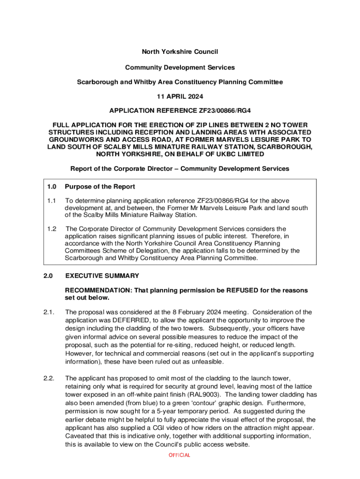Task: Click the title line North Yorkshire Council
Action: pyautogui.click(x=180, y=51)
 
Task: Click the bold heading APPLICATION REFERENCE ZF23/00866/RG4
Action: pyautogui.click(x=180, y=111)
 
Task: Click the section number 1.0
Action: pyautogui.click(x=51, y=187)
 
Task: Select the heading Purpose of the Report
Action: pyautogui.click(x=100, y=187)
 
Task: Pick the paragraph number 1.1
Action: pyautogui.click(x=51, y=201)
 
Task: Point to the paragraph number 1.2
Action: pyautogui.click(x=51, y=229)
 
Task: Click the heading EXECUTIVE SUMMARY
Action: pyautogui.click(x=102, y=276)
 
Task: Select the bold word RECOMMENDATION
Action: pyautogui.click(x=96, y=290)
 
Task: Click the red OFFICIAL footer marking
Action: pyautogui.click(x=180, y=455)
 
